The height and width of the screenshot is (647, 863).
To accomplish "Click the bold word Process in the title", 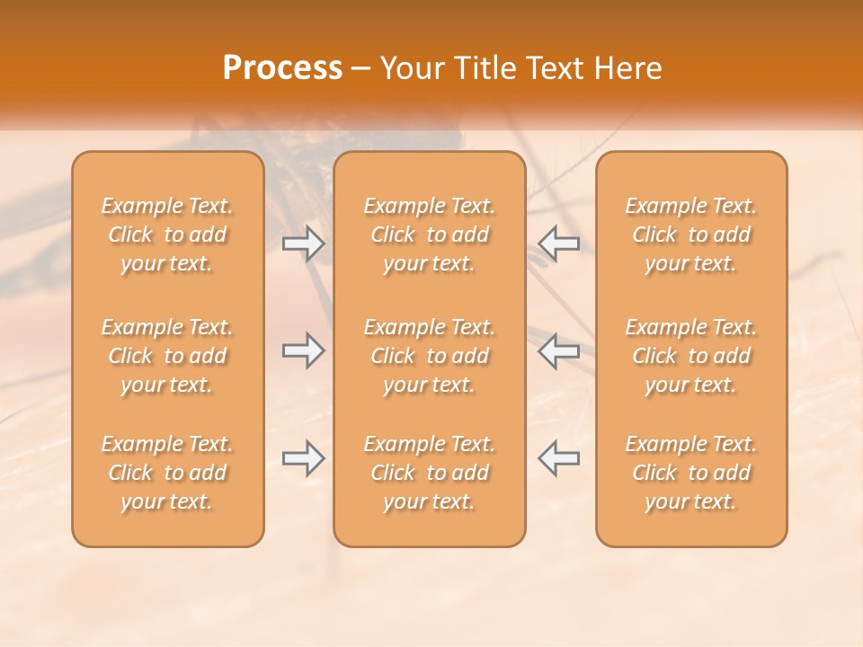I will [x=282, y=68].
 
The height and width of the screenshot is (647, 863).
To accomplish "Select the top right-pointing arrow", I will [x=303, y=243].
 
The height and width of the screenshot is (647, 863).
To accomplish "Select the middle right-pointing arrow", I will [x=303, y=350].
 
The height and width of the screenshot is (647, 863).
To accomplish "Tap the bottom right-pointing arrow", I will [x=303, y=458].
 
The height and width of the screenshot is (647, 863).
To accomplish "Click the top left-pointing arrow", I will [x=559, y=243].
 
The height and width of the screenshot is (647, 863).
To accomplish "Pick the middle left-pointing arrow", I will [x=559, y=350].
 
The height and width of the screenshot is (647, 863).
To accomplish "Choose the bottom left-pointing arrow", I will [x=559, y=458].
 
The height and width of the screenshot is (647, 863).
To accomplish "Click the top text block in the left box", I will [x=167, y=235].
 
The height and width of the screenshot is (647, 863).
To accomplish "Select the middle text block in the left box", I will [x=167, y=356].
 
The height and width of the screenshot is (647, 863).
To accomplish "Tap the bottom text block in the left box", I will [x=167, y=473].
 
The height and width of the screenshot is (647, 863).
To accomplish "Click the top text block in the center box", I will [x=429, y=235].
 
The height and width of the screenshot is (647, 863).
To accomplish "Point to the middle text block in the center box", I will [x=429, y=356].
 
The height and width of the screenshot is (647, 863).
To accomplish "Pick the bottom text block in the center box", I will [x=429, y=473].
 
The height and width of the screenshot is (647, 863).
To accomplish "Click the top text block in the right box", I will [x=690, y=235].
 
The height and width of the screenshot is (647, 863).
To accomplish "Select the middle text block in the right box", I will [x=690, y=356].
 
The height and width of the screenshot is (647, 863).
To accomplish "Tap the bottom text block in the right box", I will [x=690, y=473].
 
